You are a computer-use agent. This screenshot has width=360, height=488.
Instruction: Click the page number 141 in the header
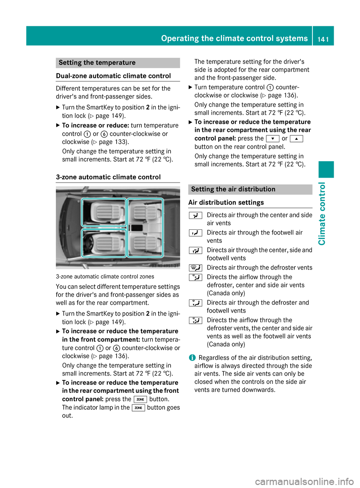click(323, 39)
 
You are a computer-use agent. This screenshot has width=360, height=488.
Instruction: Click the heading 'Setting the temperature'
click(97, 63)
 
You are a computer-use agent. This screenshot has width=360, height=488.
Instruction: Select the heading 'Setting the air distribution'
click(233, 189)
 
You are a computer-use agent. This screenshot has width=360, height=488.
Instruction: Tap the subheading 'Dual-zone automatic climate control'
click(113, 76)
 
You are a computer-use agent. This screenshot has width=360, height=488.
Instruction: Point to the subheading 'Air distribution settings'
click(226, 202)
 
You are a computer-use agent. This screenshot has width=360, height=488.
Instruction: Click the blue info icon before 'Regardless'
click(192, 358)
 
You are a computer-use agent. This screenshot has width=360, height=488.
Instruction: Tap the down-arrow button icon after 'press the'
click(272, 139)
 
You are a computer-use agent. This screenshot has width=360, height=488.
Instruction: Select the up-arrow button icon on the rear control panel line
click(296, 139)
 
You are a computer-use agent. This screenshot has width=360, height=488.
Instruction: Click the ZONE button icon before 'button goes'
click(138, 408)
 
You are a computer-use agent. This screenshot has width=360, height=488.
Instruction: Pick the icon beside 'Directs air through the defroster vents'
click(195, 268)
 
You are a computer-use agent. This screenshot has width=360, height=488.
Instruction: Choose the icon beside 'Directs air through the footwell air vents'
click(195, 233)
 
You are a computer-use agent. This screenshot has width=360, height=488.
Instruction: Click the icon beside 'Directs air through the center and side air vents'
click(195, 215)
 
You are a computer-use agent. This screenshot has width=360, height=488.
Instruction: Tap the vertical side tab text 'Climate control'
click(322, 214)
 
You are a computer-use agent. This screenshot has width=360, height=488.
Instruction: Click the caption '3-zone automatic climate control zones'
click(105, 277)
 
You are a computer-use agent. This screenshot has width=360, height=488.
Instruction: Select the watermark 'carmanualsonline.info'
click(304, 481)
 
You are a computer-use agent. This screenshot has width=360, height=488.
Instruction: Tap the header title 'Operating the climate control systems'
click(234, 38)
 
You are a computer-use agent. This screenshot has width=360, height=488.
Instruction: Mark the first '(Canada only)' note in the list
click(226, 293)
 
